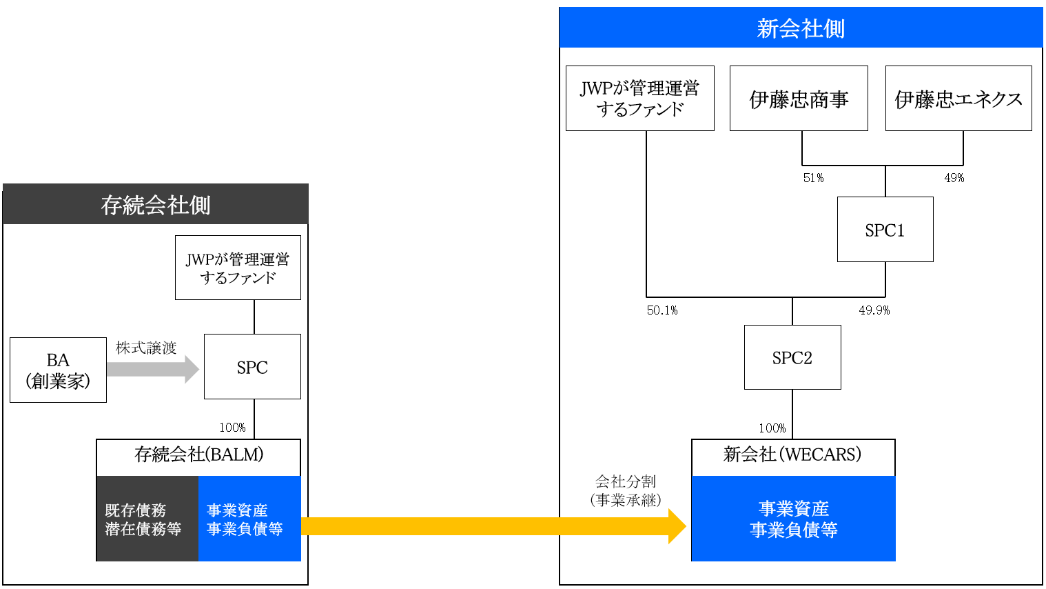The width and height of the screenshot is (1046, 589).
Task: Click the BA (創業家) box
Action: pyautogui.click(x=59, y=370)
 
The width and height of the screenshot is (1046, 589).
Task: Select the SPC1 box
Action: pyautogui.click(x=885, y=229)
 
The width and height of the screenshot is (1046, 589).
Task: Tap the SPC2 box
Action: pyautogui.click(x=792, y=357)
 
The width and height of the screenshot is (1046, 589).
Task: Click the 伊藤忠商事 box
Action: pyautogui.click(x=799, y=98)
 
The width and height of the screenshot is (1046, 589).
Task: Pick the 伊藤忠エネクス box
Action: pyautogui.click(x=958, y=98)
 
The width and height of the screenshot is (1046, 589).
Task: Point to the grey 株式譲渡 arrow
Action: pyautogui.click(x=153, y=369)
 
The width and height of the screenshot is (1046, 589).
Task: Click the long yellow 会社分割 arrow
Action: pyautogui.click(x=493, y=526)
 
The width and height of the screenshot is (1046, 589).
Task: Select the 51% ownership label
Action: pyautogui.click(x=814, y=178)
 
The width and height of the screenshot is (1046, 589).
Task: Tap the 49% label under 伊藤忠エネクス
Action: pyautogui.click(x=954, y=178)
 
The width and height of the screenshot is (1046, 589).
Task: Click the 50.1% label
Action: pyautogui.click(x=662, y=310)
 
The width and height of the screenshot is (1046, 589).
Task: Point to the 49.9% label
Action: pyautogui.click(x=874, y=310)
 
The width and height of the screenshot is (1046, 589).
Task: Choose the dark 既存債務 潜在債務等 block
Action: pyautogui.click(x=147, y=519)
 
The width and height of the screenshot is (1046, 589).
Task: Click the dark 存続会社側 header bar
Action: pyautogui.click(x=156, y=204)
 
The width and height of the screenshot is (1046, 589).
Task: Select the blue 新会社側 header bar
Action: pyautogui.click(x=801, y=27)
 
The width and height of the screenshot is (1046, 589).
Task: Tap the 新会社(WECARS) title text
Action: pyautogui.click(x=792, y=455)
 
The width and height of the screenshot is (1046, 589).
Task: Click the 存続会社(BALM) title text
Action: pyautogui.click(x=199, y=455)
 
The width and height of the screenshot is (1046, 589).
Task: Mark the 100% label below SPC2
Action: pyautogui.click(x=772, y=428)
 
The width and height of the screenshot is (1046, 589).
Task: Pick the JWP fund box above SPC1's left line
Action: pyautogui.click(x=640, y=98)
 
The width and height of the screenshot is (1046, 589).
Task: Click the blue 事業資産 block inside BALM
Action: pyautogui.click(x=250, y=519)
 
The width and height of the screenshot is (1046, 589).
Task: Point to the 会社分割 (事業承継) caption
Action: pyautogui.click(x=626, y=491)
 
